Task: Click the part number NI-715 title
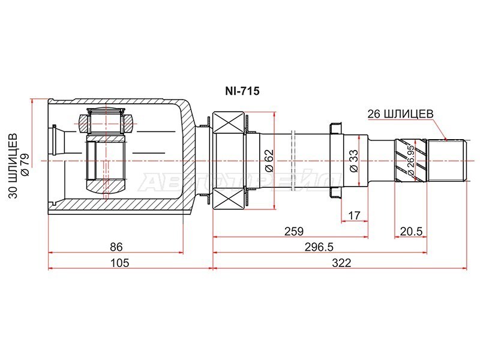(x=242, y=91)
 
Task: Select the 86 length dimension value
(x=116, y=247)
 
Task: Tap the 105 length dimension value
(x=119, y=263)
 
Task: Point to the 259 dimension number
(x=293, y=231)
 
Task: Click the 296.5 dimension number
(x=319, y=247)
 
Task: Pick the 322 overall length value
(x=341, y=263)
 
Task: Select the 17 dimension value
(x=354, y=215)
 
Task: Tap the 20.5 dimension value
(x=411, y=231)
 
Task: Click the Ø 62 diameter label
(x=268, y=161)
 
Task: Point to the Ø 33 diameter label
(x=353, y=161)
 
